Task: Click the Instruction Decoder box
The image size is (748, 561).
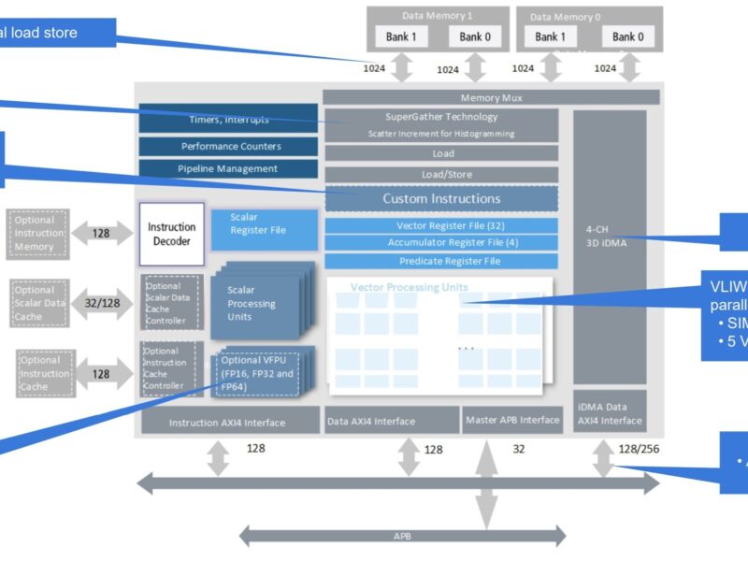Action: tap(171, 234)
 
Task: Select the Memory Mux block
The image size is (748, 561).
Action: tap(491, 97)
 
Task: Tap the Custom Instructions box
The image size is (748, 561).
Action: tap(441, 199)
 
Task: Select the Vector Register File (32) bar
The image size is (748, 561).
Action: tap(441, 225)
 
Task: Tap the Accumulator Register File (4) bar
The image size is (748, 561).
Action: tap(441, 243)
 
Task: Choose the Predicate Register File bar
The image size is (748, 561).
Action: tap(441, 261)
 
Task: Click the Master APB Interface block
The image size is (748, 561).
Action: tap(512, 420)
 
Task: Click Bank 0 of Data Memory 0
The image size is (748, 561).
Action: tap(627, 36)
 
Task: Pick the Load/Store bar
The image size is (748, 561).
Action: tap(441, 175)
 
